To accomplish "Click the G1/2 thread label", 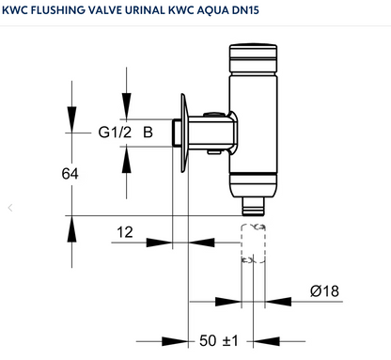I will [x=116, y=132].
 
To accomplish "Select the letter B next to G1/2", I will [x=147, y=132].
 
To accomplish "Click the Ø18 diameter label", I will [x=323, y=290].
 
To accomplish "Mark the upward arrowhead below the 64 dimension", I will [x=70, y=227].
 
